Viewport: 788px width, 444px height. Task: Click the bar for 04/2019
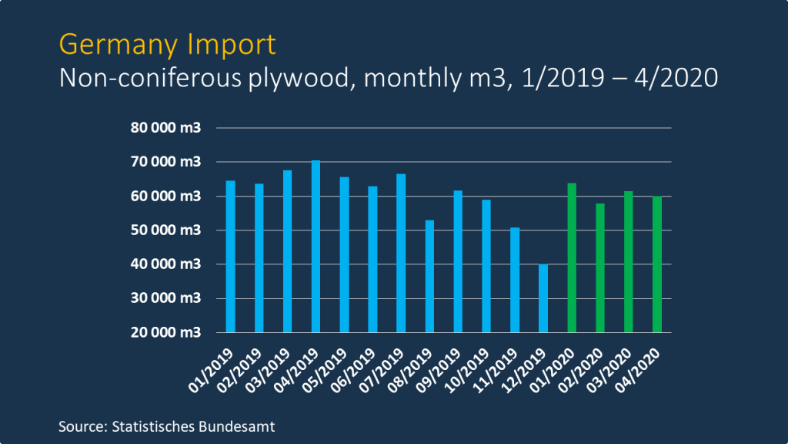[316, 247]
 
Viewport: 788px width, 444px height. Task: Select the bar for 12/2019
[543, 298]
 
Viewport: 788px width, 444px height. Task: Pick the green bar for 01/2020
[572, 257]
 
